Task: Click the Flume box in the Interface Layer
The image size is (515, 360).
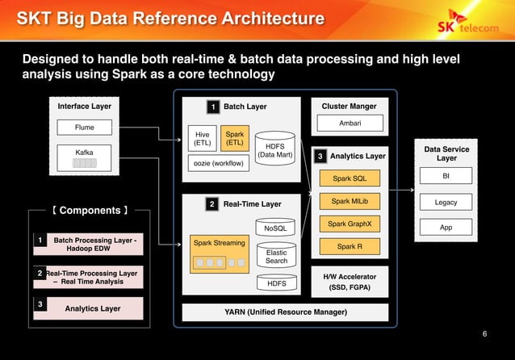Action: pos(84,128)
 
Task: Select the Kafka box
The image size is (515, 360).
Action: pos(84,157)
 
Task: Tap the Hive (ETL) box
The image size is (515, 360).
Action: pos(202,139)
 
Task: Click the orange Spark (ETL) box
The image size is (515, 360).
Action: pos(235,139)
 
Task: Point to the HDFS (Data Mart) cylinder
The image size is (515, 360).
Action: pos(274,150)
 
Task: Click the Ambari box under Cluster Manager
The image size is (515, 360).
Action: pos(349,123)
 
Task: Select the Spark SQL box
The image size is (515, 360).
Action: pos(349,178)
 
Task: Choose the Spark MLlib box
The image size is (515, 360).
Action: pos(349,201)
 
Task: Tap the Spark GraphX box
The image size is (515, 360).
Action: pos(349,224)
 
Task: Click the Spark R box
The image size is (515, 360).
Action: pos(349,246)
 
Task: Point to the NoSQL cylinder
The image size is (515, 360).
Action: pos(275,228)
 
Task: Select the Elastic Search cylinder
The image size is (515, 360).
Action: pos(276,256)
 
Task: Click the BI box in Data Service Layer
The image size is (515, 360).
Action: pos(446,177)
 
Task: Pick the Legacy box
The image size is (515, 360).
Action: pos(446,203)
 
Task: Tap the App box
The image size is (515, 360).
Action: pos(446,228)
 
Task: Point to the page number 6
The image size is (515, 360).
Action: pos(484,334)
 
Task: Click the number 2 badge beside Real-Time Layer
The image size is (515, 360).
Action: pos(212,204)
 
